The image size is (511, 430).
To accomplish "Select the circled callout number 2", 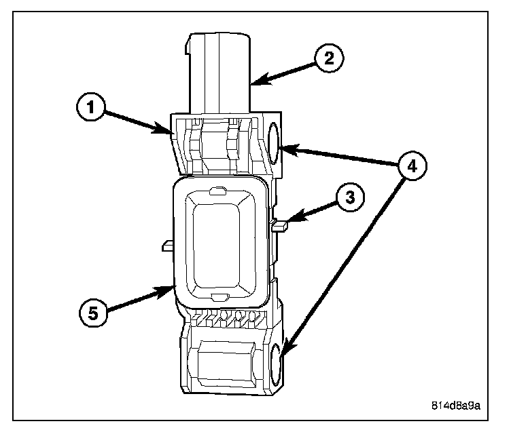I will [328, 57].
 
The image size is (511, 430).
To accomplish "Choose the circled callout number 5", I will [93, 313].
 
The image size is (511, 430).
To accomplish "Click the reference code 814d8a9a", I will [456, 406].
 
